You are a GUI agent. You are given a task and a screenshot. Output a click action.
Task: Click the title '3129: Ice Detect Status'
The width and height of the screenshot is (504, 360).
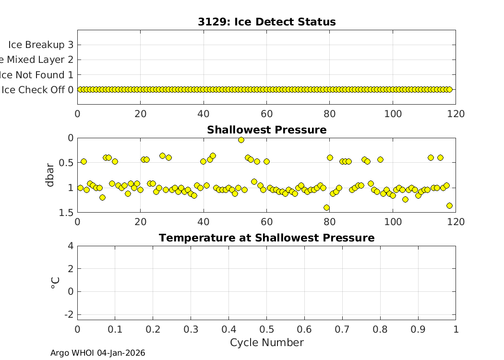pos(266,22)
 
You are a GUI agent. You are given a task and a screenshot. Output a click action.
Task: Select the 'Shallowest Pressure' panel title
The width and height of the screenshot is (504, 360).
pos(266,130)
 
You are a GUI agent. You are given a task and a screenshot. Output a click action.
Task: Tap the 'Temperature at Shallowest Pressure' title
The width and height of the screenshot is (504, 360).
pos(266,238)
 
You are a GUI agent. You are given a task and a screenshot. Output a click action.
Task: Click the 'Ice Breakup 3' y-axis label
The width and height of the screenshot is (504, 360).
pos(41,45)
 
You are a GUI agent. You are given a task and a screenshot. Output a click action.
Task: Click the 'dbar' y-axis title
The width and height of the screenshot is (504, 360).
pos(50,175)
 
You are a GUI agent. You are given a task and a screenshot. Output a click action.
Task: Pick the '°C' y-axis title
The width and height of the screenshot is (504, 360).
pos(54,283)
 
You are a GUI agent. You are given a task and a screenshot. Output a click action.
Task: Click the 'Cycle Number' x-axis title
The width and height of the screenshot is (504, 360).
pos(266,343)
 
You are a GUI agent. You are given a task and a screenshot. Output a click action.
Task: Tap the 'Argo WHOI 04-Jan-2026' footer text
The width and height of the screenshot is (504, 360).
pos(98,353)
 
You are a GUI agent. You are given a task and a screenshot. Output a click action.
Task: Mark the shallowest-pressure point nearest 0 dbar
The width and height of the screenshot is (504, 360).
pos(241,140)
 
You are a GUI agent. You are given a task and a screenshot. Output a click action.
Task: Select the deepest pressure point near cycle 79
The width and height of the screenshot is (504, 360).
pos(326,208)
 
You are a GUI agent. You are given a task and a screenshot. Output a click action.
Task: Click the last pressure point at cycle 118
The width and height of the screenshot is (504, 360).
pos(449,205)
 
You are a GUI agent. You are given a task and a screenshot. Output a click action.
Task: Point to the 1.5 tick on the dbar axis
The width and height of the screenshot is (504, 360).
pos(67,213)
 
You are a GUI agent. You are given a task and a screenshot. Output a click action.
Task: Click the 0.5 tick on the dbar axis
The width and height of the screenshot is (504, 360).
pos(67,163)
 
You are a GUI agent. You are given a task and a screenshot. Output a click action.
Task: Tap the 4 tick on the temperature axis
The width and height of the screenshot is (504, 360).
pos(71,246)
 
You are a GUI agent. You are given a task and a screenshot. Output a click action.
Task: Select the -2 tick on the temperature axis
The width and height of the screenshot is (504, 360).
pos(69,314)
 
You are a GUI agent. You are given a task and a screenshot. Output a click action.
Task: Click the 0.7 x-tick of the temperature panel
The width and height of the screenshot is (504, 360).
pos(342,329)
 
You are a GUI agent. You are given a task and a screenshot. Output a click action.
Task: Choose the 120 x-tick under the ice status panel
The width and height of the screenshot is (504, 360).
pos(456,114)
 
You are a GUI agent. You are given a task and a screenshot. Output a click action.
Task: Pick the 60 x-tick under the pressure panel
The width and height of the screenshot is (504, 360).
pos(266,222)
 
